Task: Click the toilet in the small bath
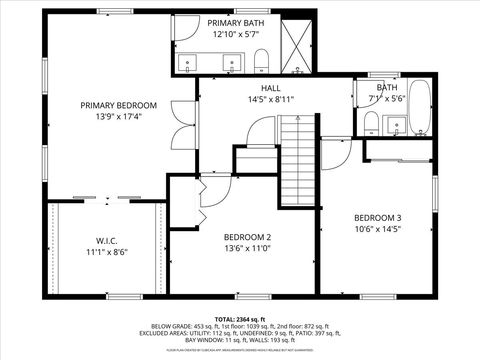pos(371,123)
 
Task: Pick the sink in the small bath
pos(399,125)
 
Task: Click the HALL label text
pos(270,88)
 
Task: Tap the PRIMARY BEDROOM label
pos(119,105)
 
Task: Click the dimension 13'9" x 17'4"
pos(119,117)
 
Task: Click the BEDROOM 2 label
pos(248,237)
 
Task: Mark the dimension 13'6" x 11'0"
pos(248,249)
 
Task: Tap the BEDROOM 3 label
pos(377,218)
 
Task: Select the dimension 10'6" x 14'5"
pos(377,230)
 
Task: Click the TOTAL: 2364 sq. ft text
pos(239,317)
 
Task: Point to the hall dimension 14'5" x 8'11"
pos(270,100)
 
